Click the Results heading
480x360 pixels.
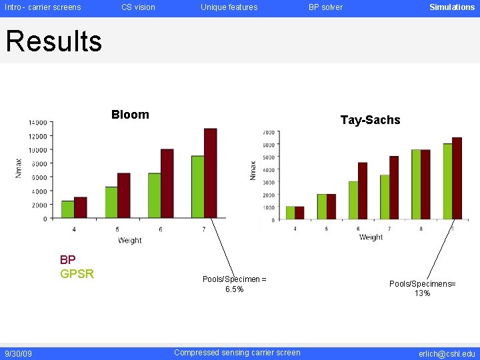pyautogui.click(x=53, y=41)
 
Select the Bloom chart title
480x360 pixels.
pyautogui.click(x=130, y=115)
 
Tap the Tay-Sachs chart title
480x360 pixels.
pyautogui.click(x=370, y=120)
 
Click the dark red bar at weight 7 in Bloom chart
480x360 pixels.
pyautogui.click(x=211, y=173)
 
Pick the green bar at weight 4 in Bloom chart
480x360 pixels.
pyautogui.click(x=67, y=209)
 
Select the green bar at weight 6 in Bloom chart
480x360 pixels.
pyautogui.click(x=154, y=195)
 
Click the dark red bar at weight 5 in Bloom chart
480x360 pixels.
pyautogui.click(x=123, y=195)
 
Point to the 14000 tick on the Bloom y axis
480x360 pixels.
pyautogui.click(x=37, y=123)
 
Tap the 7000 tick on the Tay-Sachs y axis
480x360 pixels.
pyautogui.click(x=268, y=132)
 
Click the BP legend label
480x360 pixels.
pyautogui.click(x=67, y=260)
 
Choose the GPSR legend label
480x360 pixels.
pyautogui.click(x=77, y=274)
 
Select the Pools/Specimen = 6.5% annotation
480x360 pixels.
pyautogui.click(x=234, y=284)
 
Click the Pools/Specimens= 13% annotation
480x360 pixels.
pyautogui.click(x=422, y=289)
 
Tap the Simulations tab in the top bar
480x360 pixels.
pyautogui.click(x=451, y=7)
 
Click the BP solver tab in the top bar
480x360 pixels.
pyautogui.click(x=325, y=7)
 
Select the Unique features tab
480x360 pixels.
pyautogui.click(x=229, y=7)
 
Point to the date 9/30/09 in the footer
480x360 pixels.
pyautogui.click(x=18, y=353)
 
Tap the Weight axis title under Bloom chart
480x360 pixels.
pyautogui.click(x=130, y=241)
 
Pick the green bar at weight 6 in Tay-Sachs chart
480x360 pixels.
pyautogui.click(x=353, y=200)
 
